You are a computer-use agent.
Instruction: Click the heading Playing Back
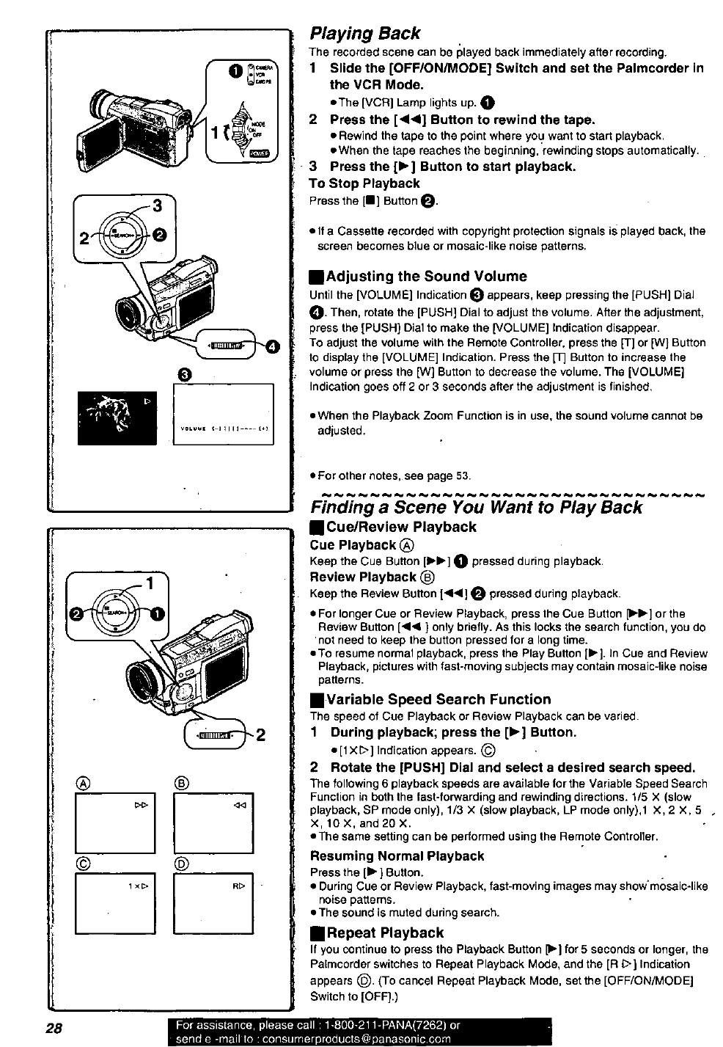tap(365, 34)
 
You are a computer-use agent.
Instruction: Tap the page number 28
tap(54, 1026)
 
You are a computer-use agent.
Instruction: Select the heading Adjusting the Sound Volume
tap(425, 277)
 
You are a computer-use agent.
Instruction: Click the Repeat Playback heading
tap(385, 933)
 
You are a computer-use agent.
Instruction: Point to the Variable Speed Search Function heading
tap(438, 699)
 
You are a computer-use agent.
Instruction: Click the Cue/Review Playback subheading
tap(400, 527)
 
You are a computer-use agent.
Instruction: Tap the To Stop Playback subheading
tap(364, 183)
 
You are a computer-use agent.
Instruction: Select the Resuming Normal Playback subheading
tap(397, 856)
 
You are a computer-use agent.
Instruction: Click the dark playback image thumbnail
tap(117, 415)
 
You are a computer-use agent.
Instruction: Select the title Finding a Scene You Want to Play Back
tap(476, 507)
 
